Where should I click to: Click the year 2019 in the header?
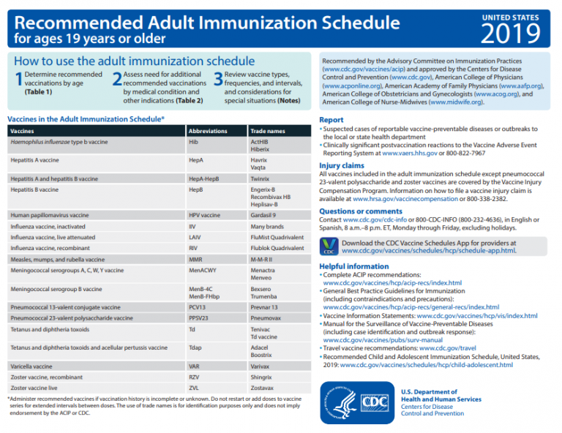point(510,32)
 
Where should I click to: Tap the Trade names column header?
point(267,131)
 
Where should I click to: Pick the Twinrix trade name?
point(260,178)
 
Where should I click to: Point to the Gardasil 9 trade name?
point(263,215)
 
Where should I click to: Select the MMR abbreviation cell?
point(195,260)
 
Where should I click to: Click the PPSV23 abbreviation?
point(199,318)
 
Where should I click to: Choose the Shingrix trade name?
point(261,376)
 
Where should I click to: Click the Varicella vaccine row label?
point(31,365)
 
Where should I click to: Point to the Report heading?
point(331,120)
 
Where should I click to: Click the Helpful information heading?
point(354,266)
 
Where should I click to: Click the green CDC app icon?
point(329,246)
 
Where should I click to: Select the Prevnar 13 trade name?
point(264,307)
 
